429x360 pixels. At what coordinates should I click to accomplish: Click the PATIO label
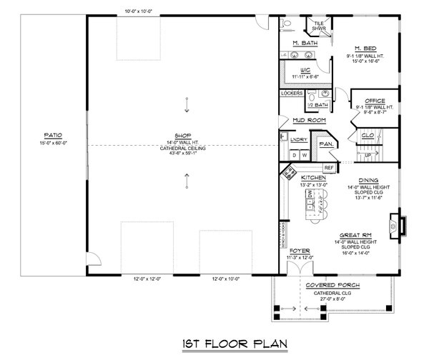(x=52, y=134)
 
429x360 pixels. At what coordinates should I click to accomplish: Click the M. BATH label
(x=305, y=44)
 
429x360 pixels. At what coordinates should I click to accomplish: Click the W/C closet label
(x=305, y=70)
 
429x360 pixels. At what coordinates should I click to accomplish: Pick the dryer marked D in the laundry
(x=292, y=154)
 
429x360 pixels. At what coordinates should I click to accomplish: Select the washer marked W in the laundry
(x=303, y=154)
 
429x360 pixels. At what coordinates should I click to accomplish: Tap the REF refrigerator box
(x=329, y=168)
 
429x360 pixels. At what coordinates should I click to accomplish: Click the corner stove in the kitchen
(x=290, y=171)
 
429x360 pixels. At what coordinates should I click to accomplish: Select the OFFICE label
(x=375, y=101)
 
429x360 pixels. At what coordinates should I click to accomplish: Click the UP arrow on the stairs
(x=369, y=154)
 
